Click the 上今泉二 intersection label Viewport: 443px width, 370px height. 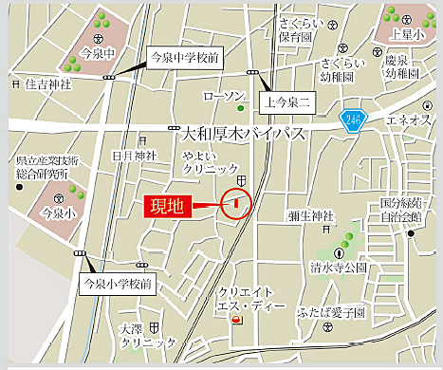point(286,98)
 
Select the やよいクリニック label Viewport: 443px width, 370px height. point(211,163)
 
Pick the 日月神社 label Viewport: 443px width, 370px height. point(132,155)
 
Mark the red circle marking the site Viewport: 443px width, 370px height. point(235,202)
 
